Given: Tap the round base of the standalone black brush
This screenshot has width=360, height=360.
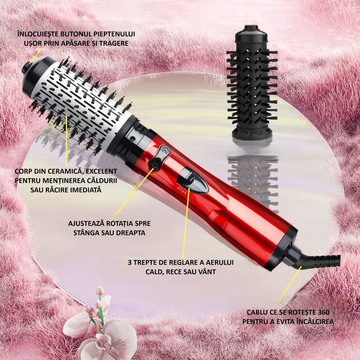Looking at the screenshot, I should (252, 133).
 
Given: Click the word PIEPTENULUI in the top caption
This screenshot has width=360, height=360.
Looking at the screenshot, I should (113, 34).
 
